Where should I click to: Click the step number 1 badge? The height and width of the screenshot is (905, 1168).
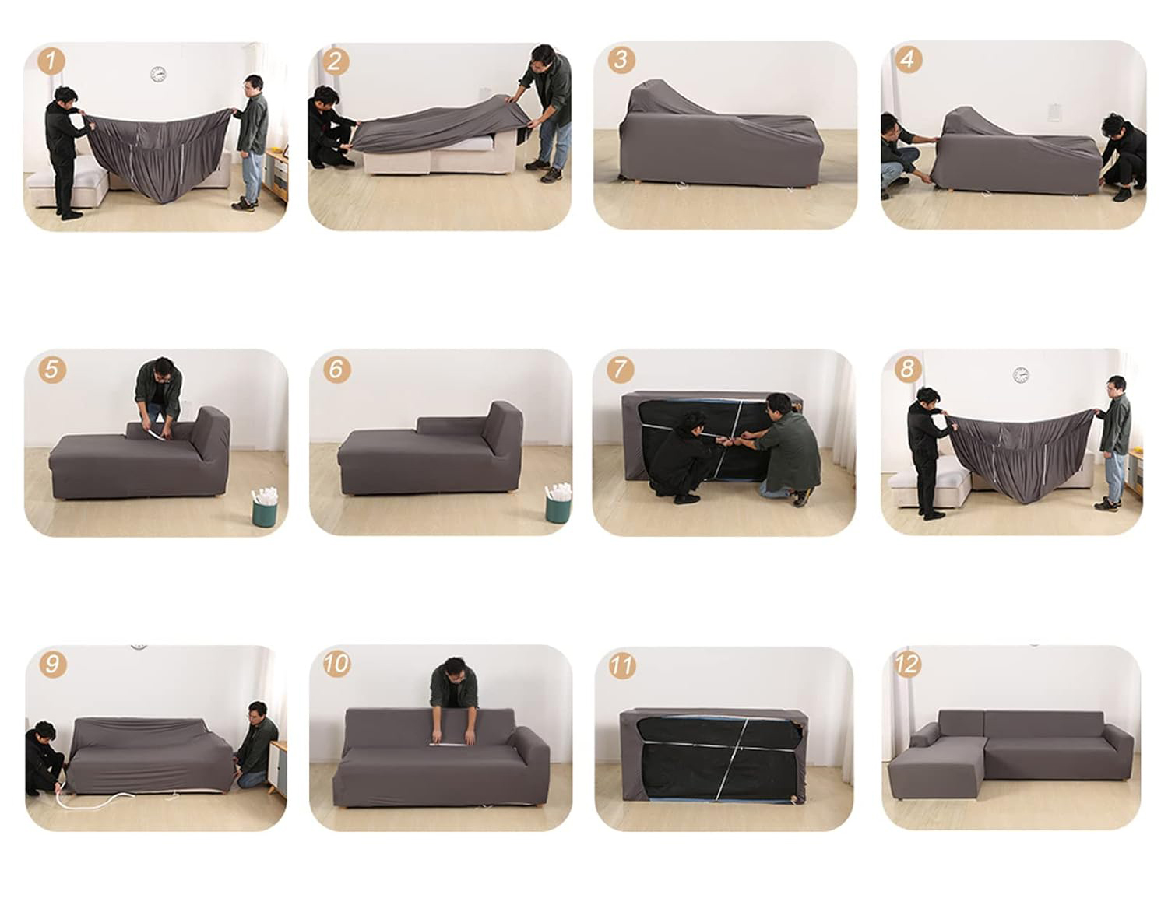51,61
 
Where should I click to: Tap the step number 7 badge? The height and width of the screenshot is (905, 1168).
620,369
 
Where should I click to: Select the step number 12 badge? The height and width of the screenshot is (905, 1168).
907,665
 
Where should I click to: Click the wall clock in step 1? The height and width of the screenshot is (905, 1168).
158,74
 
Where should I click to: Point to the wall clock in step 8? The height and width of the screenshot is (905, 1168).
1021,374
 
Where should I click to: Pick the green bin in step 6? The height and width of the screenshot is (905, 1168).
558,503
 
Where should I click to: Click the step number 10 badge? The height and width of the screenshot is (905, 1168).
336,664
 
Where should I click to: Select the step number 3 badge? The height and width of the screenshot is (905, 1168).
621,60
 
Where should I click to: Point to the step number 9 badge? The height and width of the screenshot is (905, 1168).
52,665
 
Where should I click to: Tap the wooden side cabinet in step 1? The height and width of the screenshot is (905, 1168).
276,174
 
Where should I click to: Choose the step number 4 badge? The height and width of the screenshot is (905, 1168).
909,59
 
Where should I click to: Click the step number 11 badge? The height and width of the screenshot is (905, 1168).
622,666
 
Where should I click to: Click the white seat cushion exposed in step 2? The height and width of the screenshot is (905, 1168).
470,143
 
